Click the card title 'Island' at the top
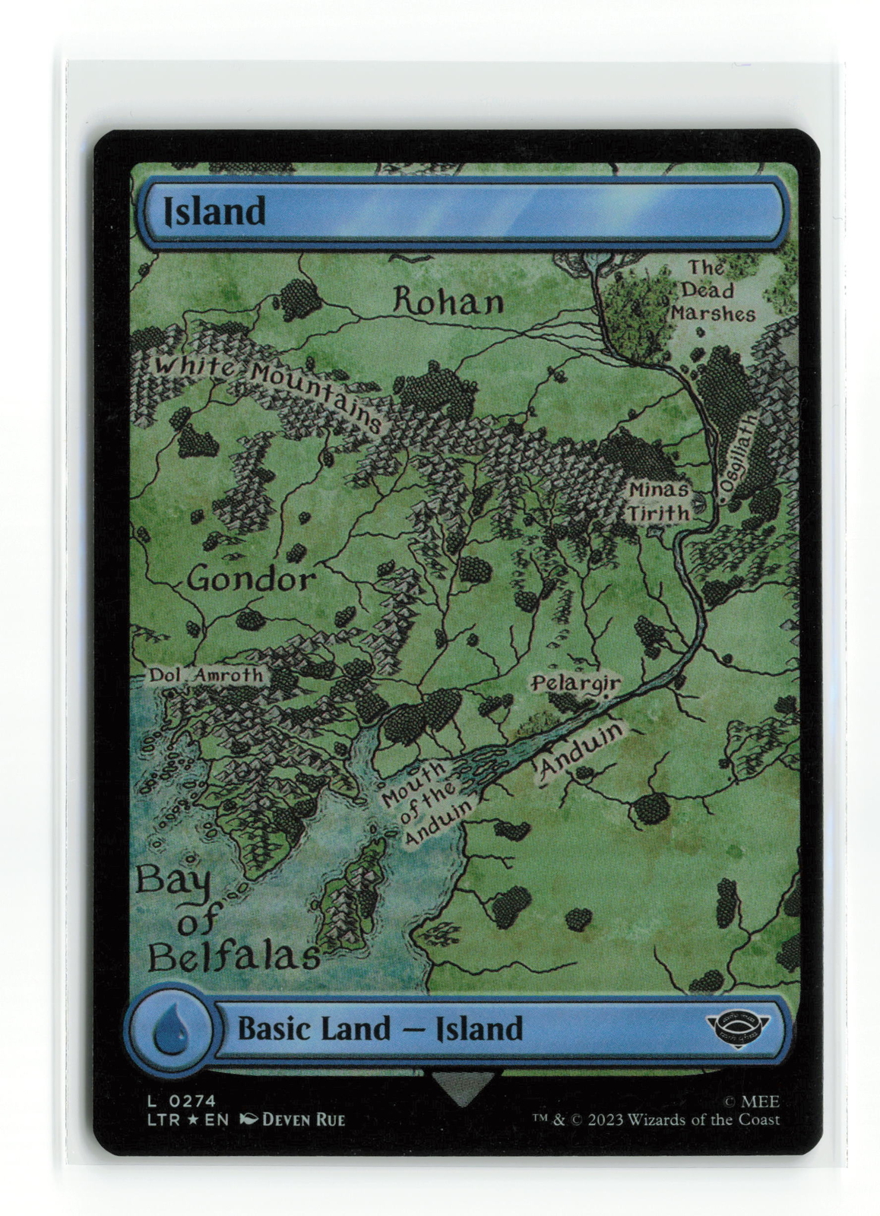coord(215,211)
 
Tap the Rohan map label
coord(448,302)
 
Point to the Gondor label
coord(250,581)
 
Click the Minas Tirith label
coord(658,502)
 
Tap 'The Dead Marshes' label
coord(711,291)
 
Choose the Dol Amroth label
coord(205,675)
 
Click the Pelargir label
coord(575,683)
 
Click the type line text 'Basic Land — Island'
coord(380,1029)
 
